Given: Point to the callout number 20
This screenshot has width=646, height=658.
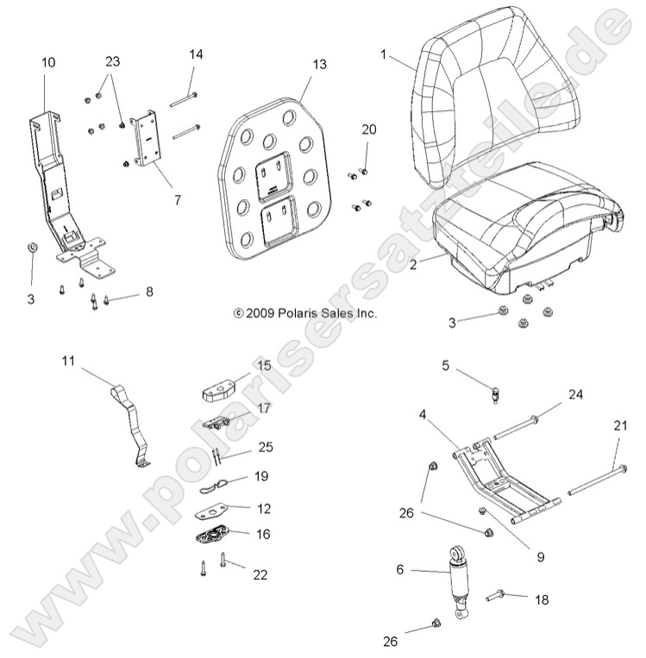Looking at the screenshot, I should tap(369, 129).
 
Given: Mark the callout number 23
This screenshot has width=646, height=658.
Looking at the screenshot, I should tap(113, 62).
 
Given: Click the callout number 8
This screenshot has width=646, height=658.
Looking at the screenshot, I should tap(149, 293).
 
